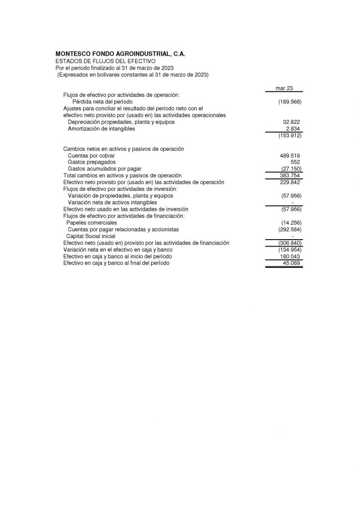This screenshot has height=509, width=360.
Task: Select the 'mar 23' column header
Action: point(284,88)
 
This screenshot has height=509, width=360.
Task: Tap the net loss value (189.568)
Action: point(290,101)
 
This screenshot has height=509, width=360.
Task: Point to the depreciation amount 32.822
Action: point(291,122)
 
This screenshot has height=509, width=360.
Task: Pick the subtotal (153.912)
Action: point(290,135)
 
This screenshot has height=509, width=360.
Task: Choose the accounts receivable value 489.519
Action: point(290,156)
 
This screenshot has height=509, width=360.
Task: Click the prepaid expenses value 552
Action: point(295,162)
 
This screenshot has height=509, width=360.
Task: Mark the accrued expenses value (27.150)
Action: point(290,169)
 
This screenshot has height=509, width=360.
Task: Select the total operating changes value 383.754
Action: point(290,175)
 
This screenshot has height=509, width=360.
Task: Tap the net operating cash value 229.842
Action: point(290,182)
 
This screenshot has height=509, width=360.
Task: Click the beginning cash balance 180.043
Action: point(290,256)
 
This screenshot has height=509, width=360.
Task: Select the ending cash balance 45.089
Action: point(291,263)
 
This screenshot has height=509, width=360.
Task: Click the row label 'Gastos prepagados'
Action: point(91,162)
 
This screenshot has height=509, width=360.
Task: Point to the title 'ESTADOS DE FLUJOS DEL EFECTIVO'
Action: point(105,61)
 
